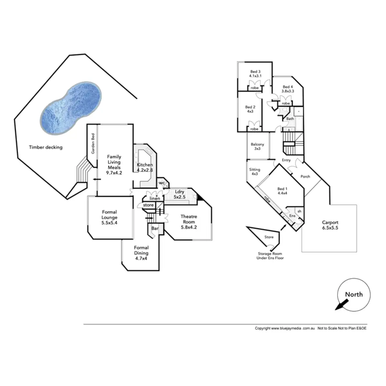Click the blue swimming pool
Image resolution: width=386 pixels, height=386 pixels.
(x=71, y=106)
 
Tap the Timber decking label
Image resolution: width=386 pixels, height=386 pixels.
(x=46, y=147)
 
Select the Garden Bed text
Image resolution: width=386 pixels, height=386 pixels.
(x=93, y=143)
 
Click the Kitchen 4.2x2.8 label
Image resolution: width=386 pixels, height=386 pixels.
(x=145, y=167)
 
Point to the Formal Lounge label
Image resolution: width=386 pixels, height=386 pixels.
(x=109, y=217)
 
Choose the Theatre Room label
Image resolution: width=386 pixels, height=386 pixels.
(x=188, y=222)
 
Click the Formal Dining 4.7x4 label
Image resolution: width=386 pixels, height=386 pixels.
(x=141, y=253)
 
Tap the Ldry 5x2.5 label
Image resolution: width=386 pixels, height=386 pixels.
(x=179, y=194)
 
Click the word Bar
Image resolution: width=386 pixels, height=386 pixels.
(x=155, y=228)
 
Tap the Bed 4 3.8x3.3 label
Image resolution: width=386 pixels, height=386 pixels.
(x=288, y=89)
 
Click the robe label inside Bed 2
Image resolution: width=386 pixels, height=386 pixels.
(x=254, y=129)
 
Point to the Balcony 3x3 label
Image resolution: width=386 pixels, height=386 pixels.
(x=257, y=147)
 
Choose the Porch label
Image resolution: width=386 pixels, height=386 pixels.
(x=305, y=176)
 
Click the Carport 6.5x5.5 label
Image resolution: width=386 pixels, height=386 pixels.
(x=330, y=225)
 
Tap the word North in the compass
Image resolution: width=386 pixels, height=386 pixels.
(x=354, y=294)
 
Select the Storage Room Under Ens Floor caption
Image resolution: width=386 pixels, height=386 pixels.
(x=270, y=256)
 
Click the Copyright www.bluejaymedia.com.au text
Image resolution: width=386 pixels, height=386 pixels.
(x=284, y=328)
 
